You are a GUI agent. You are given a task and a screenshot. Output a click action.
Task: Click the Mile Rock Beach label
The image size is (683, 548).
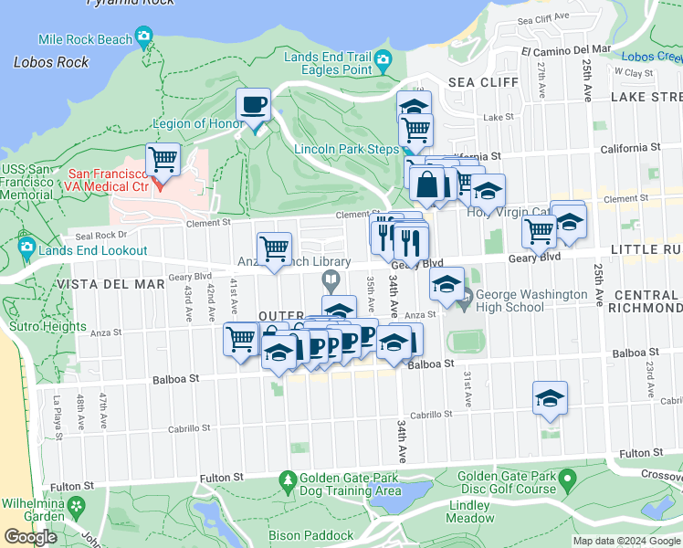click(85, 39)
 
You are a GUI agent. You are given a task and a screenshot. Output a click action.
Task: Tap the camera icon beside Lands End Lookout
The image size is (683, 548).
click(26, 247)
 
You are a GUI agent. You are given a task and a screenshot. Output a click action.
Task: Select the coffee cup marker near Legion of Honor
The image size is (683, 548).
click(253, 105)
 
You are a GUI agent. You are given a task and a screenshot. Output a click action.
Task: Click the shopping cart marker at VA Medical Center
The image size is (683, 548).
click(163, 160)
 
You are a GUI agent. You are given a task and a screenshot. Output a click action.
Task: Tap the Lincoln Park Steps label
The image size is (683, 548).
click(345, 149)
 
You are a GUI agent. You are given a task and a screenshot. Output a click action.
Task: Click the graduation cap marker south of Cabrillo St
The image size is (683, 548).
click(551, 398)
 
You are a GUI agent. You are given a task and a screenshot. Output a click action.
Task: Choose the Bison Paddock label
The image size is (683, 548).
click(310, 535)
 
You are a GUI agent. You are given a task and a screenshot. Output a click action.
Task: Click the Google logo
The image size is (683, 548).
click(30, 537)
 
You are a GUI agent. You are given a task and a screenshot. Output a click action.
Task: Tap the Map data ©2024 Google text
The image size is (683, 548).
click(625, 541)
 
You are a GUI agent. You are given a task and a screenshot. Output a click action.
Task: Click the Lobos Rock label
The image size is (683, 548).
click(52, 62)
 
